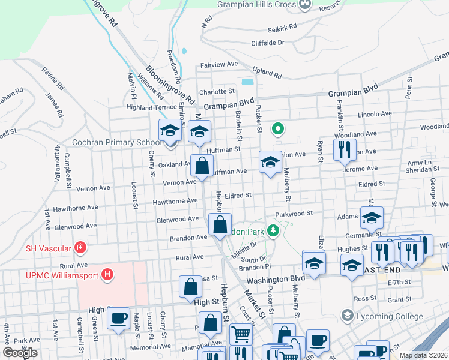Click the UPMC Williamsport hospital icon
tap(107, 275)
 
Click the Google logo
tap(20, 353)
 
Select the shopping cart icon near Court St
tap(241, 333)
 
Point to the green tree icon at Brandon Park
tap(273, 230)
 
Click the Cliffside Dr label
tap(268, 43)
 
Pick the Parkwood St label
tap(294, 213)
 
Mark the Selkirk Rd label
tap(282, 27)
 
